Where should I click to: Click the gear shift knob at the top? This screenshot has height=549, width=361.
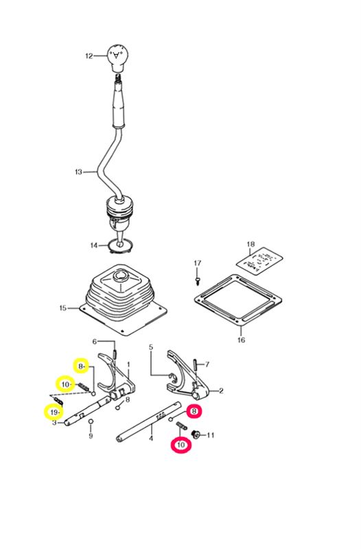coord(118,57)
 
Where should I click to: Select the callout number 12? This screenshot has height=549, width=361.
coord(89,56)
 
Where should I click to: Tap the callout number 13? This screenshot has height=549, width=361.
coord(78,172)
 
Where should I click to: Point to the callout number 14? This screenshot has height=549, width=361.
coord(94,246)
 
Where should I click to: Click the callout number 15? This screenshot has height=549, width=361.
coord(63,308)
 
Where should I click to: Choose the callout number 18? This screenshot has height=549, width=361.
coord(251,244)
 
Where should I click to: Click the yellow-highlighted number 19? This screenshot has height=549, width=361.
coord(54,412)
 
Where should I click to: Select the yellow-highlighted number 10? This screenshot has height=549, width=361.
coord(65,385)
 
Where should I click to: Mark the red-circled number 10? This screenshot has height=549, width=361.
coord(181,445)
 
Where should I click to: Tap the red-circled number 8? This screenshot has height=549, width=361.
coord(194,412)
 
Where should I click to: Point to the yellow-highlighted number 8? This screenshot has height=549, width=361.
coord(81,366)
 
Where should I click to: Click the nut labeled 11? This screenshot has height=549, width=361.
coord(196,435)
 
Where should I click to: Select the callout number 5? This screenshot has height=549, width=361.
coord(151,347)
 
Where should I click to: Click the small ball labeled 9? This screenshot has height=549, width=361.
coord(91,421)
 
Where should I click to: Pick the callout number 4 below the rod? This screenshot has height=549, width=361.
coord(151,438)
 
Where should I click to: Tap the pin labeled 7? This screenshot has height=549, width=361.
coord(194,364)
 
